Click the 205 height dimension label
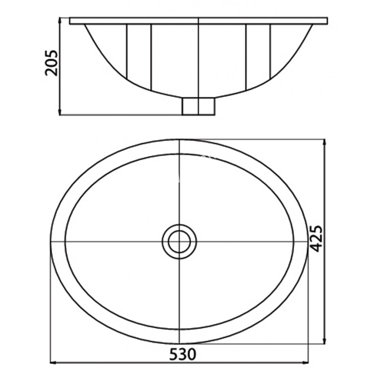click(51, 63)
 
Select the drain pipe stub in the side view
click(198, 106)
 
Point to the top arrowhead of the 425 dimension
click(324, 142)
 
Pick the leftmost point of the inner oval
click(65, 242)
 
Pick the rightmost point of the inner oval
click(294, 242)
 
